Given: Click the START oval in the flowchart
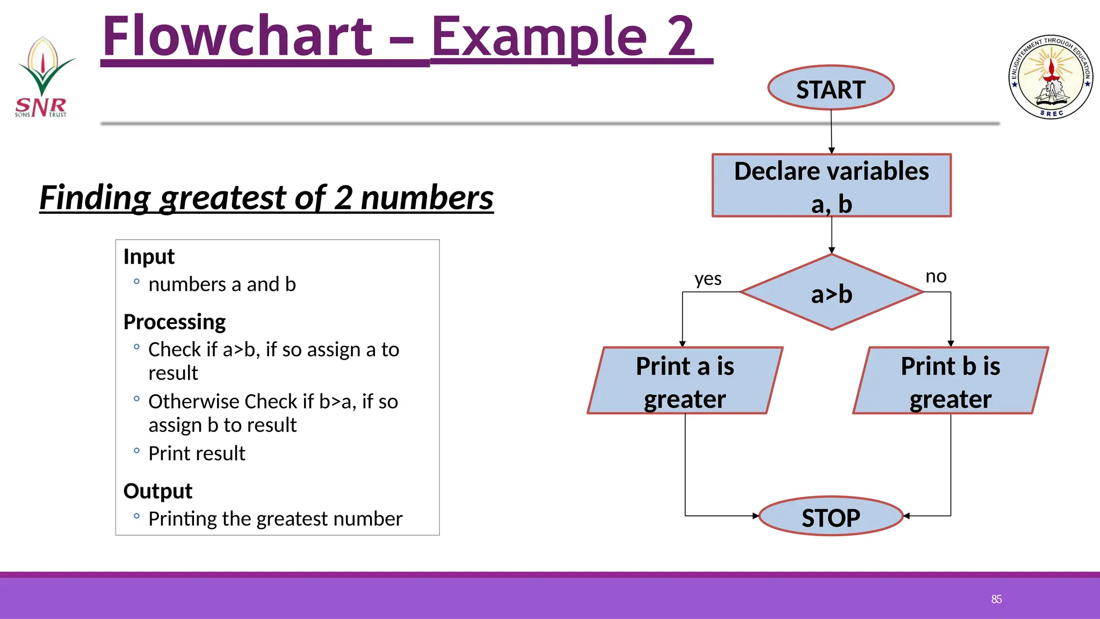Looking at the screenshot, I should click(x=830, y=88).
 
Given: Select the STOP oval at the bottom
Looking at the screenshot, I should click(x=830, y=516).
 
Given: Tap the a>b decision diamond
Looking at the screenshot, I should click(x=831, y=293).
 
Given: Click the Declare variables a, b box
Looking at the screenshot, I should click(x=831, y=186).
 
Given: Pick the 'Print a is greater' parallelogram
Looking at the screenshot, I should click(x=685, y=381).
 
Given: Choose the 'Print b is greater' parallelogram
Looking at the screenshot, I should click(x=950, y=381).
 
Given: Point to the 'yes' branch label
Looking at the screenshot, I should click(x=708, y=279).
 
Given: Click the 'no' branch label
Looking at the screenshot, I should click(x=936, y=277).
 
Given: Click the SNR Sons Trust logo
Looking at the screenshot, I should click(x=42, y=78).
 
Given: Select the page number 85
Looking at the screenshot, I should click(x=996, y=599).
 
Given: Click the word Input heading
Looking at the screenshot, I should click(x=149, y=257).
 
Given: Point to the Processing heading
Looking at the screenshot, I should click(x=175, y=322).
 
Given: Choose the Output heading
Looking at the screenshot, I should click(x=158, y=491).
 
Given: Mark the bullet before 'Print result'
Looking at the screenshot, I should click(x=136, y=451).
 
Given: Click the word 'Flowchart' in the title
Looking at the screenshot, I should click(x=237, y=37).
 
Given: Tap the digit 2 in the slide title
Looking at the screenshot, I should click(x=681, y=37).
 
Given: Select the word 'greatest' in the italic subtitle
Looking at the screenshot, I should click(x=223, y=198).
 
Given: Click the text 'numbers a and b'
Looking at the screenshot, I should click(x=222, y=284).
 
